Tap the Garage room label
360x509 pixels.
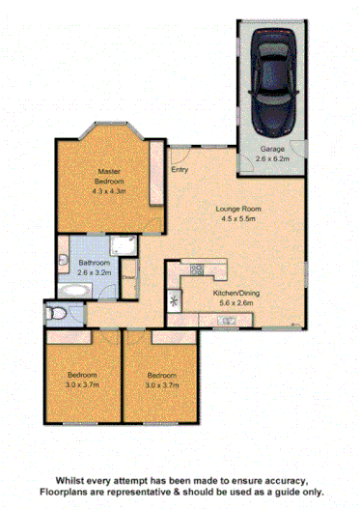coord(273,148)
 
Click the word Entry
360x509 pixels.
coord(180,171)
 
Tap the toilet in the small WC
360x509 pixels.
coord(56,313)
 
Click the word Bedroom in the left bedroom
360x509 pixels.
coord(80,375)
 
